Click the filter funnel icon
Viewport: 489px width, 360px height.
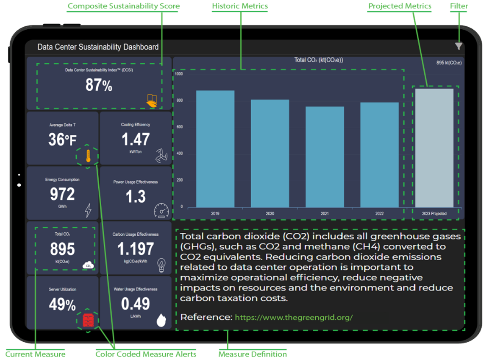pos(458,47)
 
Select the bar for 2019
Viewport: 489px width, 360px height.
pos(215,148)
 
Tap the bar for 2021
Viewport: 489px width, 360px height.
pos(325,156)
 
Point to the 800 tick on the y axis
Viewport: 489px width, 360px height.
pos(180,100)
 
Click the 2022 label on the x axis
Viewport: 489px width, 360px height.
pos(379,214)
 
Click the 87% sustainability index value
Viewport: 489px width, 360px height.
pos(99,86)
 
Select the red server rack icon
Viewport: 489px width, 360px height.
pos(88,321)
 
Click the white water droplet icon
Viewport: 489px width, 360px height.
pos(161,319)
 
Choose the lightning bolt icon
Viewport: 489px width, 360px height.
pos(88,210)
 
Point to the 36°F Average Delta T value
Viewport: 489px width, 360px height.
pos(62,140)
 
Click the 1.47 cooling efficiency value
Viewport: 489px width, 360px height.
pos(136,140)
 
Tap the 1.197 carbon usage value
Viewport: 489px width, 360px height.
pos(136,249)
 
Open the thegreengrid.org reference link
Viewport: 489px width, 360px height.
pos(294,317)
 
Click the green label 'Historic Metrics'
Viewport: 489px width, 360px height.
pos(240,6)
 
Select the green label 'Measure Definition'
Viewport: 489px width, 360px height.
pos(253,354)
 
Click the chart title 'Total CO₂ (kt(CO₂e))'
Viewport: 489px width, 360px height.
pos(319,60)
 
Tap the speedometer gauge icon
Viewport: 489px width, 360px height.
pos(161,210)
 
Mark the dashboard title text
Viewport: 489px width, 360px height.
pos(98,47)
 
